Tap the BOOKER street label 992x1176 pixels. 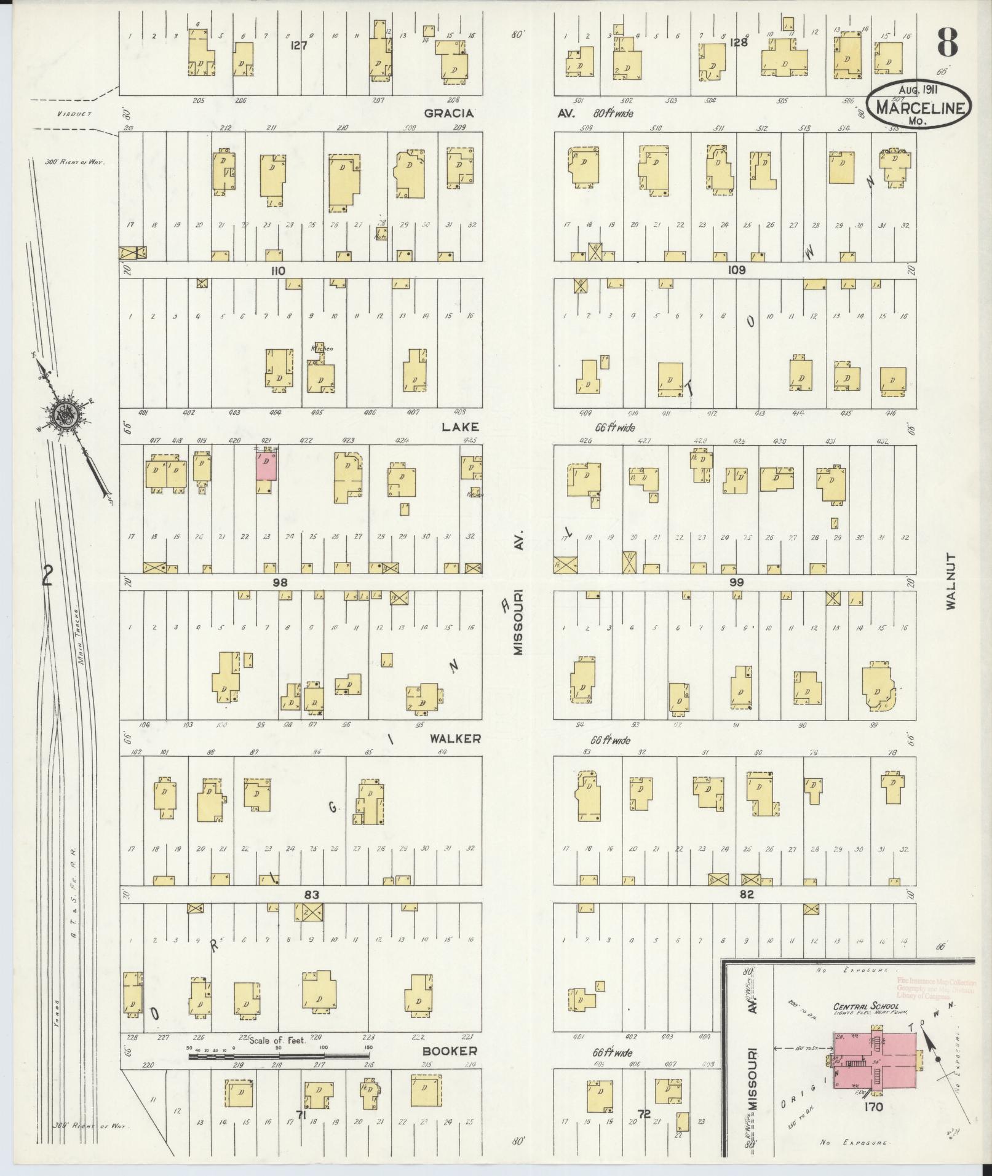click(x=450, y=1051)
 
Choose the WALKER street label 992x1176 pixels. click(x=455, y=739)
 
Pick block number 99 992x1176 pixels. click(x=737, y=582)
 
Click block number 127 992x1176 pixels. click(x=299, y=44)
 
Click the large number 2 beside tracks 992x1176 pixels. click(x=47, y=576)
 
